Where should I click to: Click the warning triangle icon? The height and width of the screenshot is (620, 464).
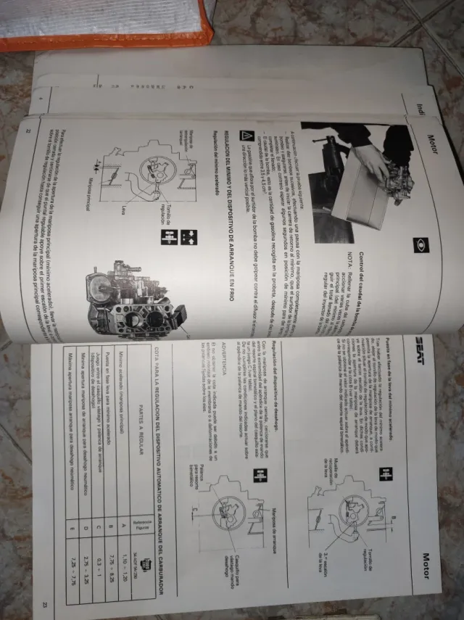(x=246, y=136)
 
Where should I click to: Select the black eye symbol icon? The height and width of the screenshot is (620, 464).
(x=415, y=246)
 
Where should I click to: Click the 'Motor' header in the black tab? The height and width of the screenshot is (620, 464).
(x=433, y=140)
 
